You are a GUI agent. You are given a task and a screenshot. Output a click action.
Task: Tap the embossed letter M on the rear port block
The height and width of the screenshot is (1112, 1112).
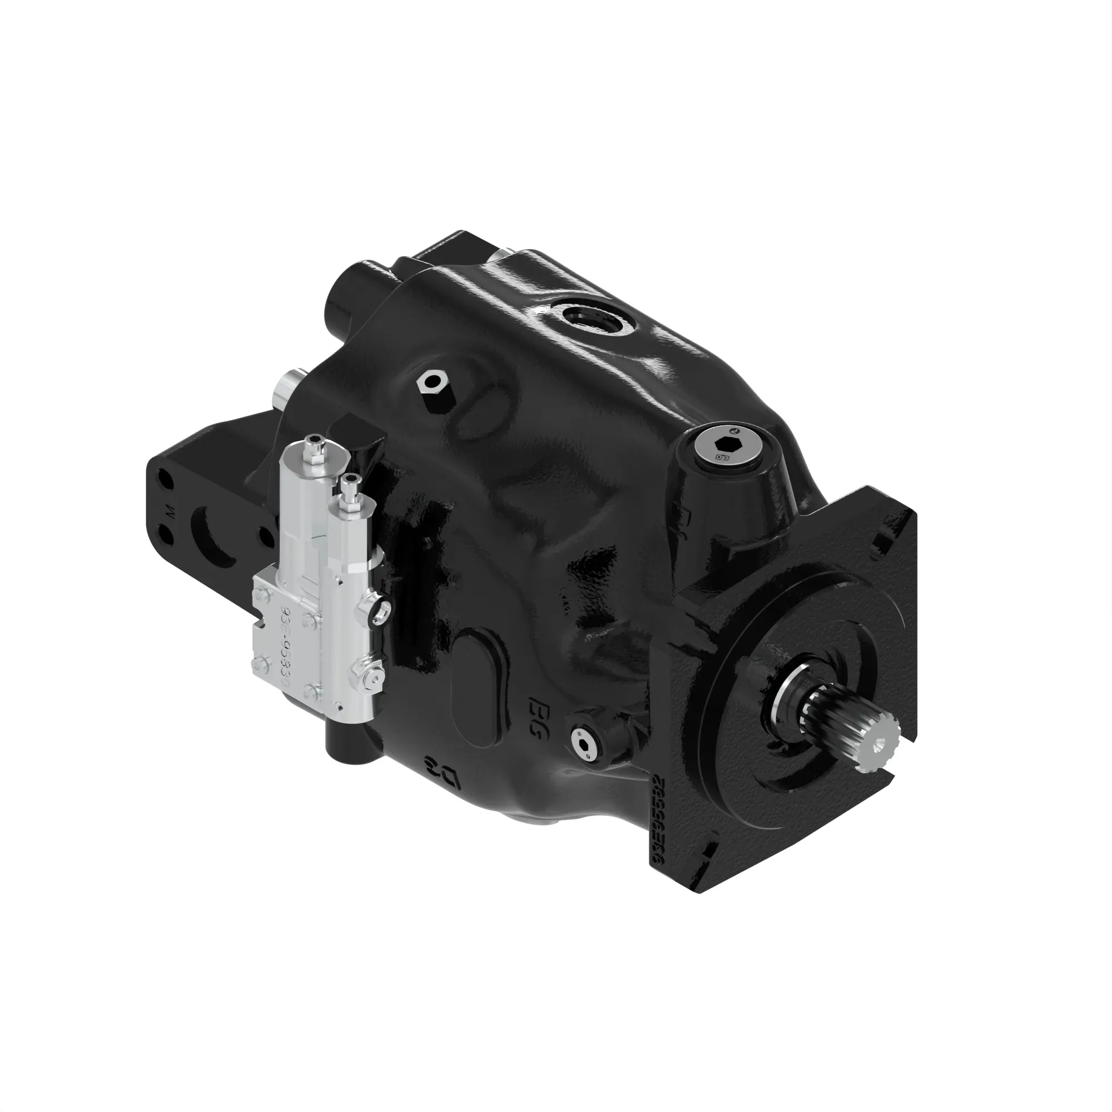169,510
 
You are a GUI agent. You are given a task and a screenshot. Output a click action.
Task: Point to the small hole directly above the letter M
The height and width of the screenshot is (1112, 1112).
167,481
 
